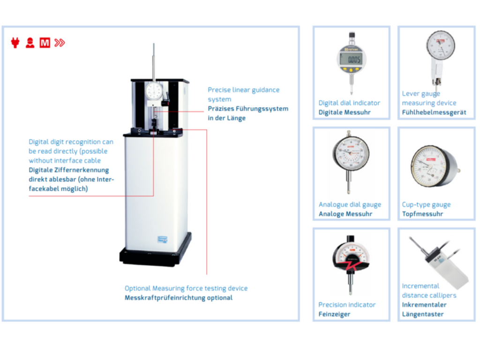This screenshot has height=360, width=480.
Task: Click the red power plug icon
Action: (15, 43)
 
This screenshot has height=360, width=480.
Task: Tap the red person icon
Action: (30, 43)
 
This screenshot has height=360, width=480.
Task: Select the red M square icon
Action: (45, 43)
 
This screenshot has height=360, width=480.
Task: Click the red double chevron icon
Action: (60, 43)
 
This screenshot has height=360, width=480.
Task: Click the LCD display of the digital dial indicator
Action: (352, 60)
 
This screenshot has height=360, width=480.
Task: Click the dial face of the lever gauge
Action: (441, 45)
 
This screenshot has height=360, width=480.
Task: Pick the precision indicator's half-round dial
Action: (351, 255)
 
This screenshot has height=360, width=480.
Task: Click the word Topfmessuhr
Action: (422, 214)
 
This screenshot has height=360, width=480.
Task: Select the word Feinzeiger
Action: (334, 315)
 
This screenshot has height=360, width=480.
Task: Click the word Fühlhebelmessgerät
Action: (434, 112)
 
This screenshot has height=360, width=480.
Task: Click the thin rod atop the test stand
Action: (154, 62)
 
